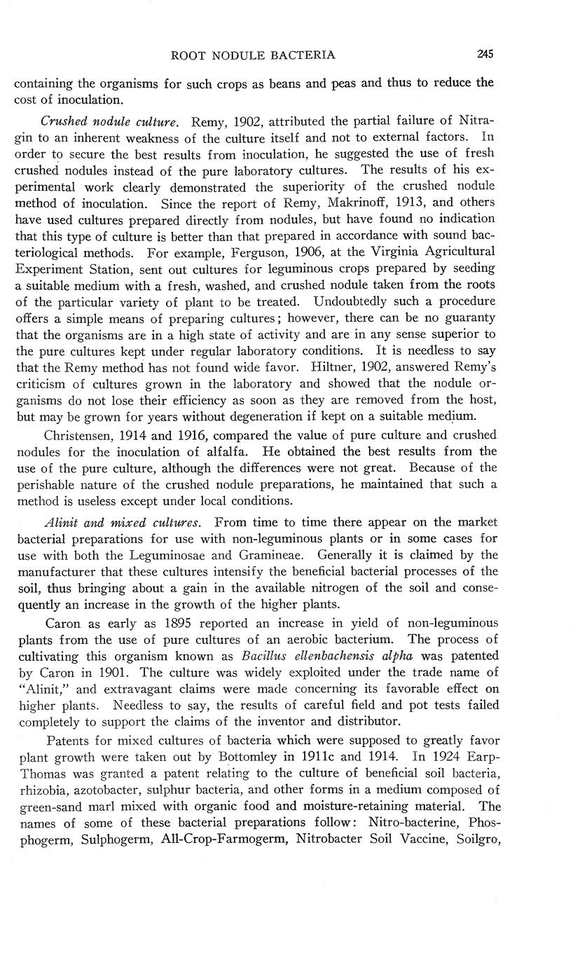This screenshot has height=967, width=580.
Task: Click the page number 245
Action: (485, 54)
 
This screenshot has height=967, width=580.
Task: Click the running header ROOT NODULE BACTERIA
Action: (253, 55)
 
